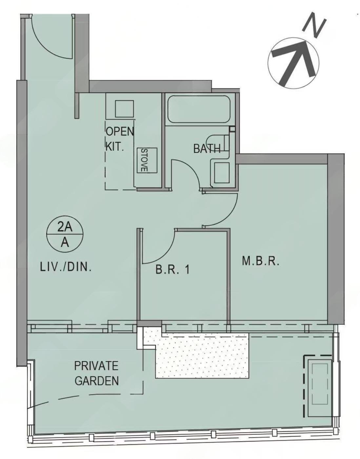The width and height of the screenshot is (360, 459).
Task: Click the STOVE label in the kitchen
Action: (x=144, y=160)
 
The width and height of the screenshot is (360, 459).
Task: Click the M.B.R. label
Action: (x=261, y=261)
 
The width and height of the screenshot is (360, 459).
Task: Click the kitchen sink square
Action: (x=124, y=109)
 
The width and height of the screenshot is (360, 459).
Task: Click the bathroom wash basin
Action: (x=222, y=173)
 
